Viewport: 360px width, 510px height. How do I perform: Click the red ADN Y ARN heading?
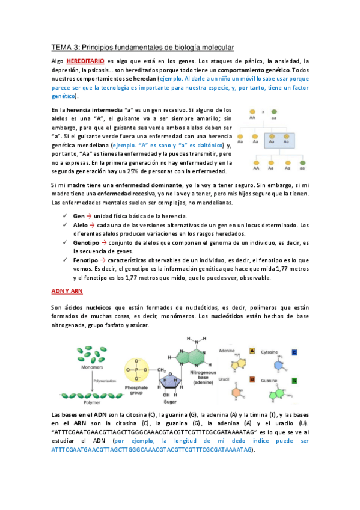click(66, 291)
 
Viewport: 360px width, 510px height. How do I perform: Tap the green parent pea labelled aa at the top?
click(274, 111)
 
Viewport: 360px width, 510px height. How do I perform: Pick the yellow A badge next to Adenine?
click(252, 351)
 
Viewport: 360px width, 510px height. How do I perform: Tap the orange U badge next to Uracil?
click(252, 379)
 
